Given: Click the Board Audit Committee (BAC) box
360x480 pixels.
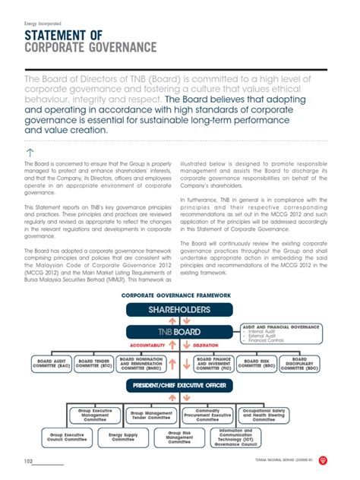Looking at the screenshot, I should point(52,363).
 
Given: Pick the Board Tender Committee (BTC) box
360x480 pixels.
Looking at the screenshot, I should point(96,363).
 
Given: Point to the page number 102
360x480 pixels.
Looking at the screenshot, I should point(29,461).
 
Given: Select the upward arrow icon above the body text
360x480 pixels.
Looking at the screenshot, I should point(30,153).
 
